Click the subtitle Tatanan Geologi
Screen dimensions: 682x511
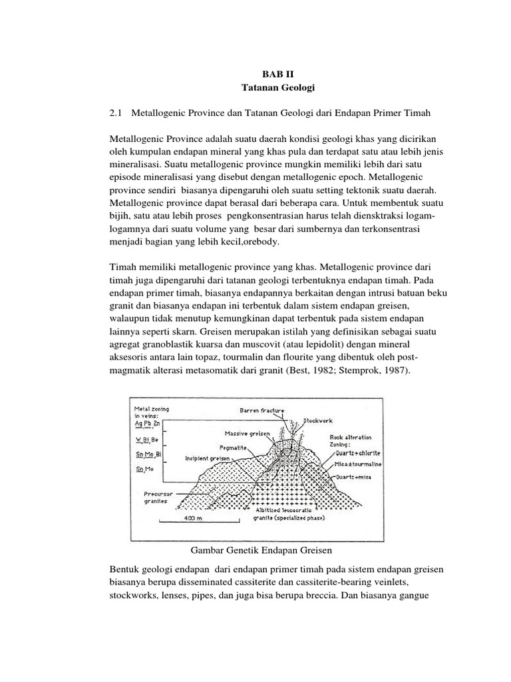(x=270, y=89)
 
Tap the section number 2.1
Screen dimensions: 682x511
(x=114, y=115)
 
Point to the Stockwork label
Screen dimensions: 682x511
(x=319, y=420)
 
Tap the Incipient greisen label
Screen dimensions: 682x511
(x=208, y=459)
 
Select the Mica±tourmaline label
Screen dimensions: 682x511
(x=355, y=467)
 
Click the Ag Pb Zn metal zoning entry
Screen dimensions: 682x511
(x=148, y=424)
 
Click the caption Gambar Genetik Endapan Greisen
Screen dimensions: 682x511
(x=261, y=551)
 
